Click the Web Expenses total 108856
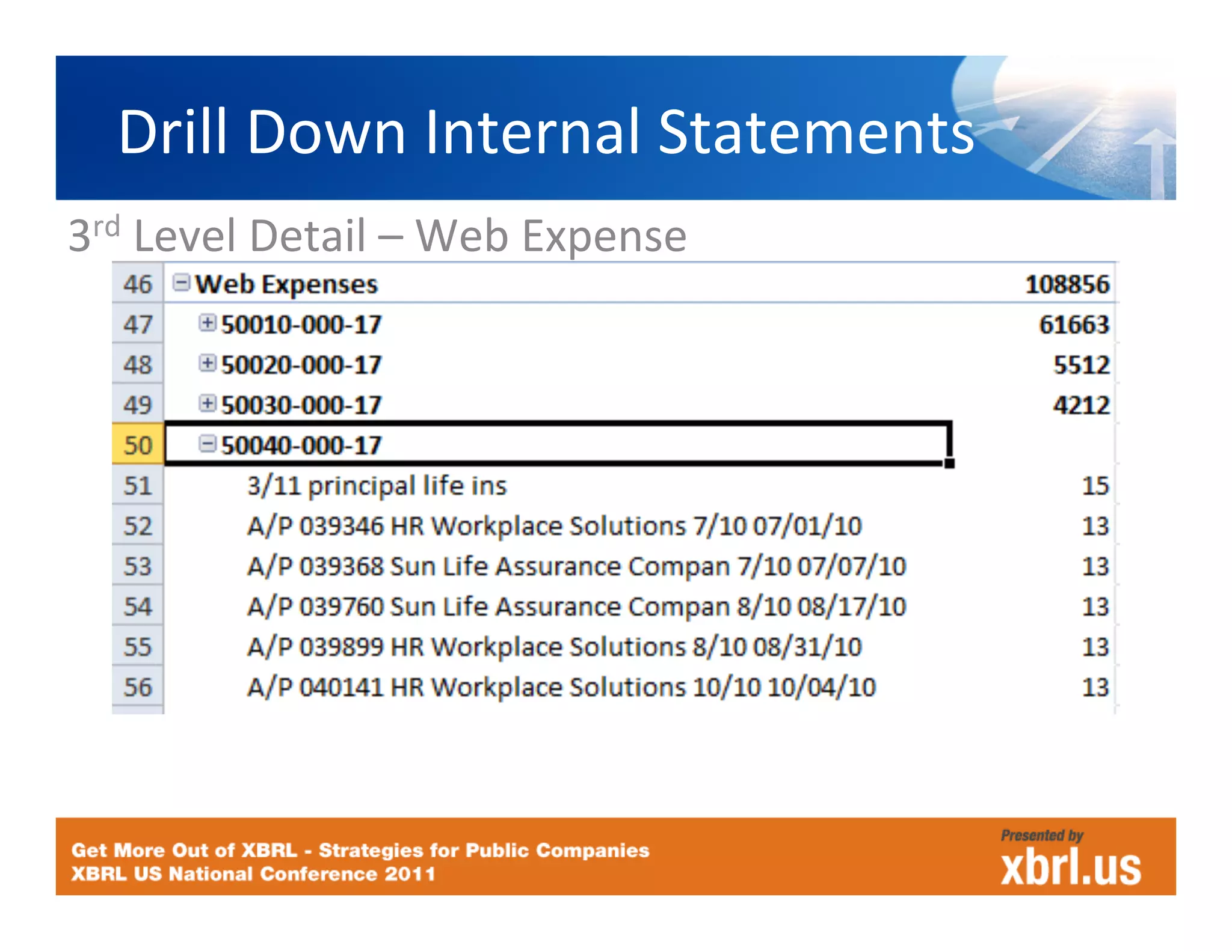(1067, 284)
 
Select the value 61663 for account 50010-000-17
(1074, 325)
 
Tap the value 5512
(1081, 365)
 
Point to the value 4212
(1081, 405)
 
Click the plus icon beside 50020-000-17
(207, 363)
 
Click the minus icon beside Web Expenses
(181, 282)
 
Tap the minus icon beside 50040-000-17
(207, 444)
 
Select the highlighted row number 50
(138, 445)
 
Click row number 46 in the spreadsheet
(138, 284)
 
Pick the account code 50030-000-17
(301, 405)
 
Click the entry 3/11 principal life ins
(377, 486)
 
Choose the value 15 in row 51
(1095, 486)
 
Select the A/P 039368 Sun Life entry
(576, 566)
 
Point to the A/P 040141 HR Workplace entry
(561, 687)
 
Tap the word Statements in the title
(816, 132)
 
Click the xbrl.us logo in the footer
(1070, 867)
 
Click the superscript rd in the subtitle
(106, 227)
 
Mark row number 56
(138, 687)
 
